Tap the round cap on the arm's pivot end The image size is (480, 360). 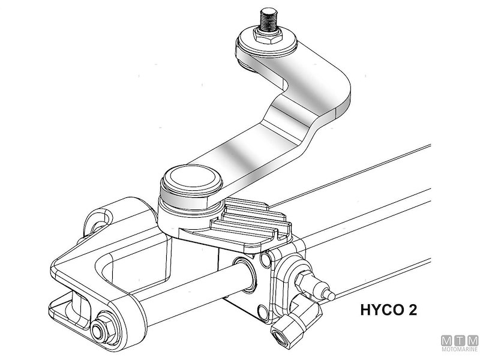(189, 178)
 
